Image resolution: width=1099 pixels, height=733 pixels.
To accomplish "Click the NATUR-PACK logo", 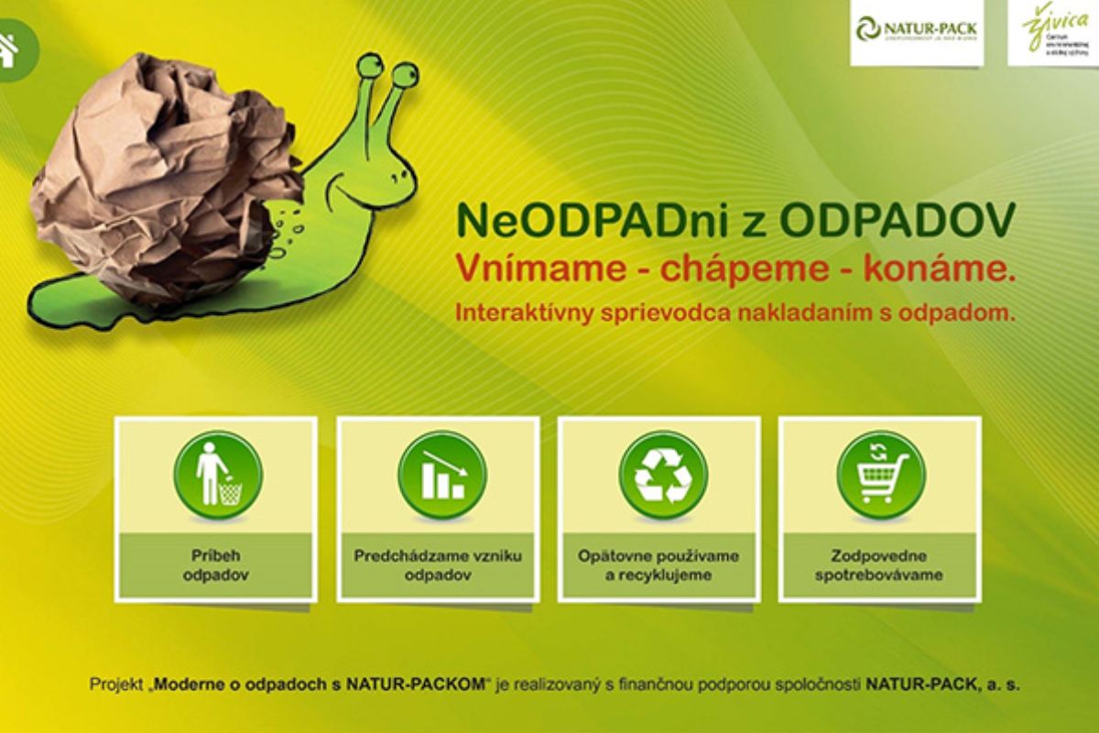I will click(917, 31).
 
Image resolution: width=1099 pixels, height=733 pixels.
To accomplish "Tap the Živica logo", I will click(1051, 31).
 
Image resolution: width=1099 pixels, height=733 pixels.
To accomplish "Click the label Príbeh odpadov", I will click(215, 565).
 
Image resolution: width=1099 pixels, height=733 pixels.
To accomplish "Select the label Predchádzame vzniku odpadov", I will click(438, 565).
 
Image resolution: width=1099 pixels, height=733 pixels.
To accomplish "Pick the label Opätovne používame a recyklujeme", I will click(658, 565).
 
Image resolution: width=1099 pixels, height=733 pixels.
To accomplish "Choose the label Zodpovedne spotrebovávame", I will click(879, 565).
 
